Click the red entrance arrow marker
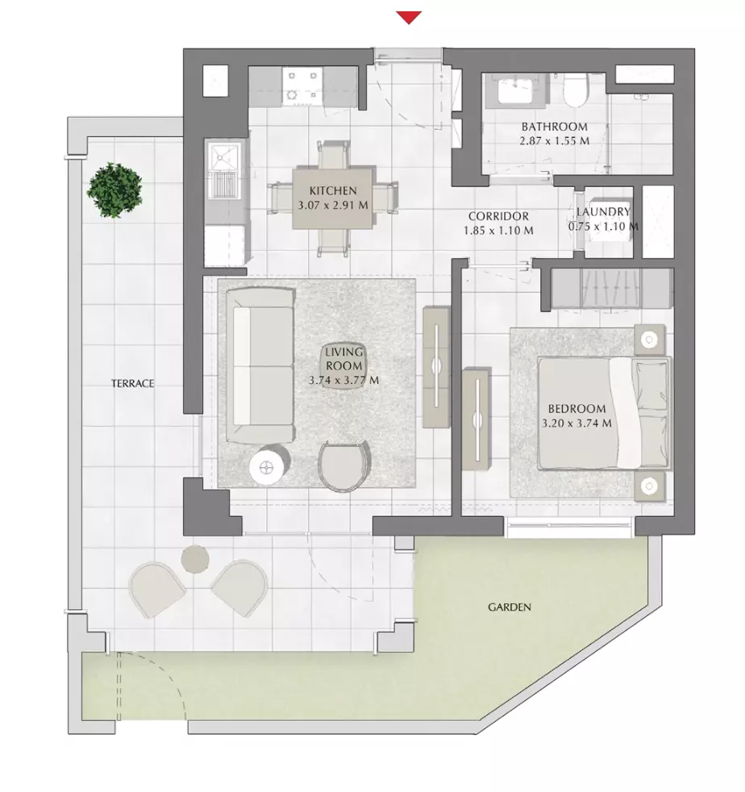tap(409, 17)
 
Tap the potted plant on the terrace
tap(114, 190)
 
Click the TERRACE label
tap(132, 383)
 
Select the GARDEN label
tap(509, 607)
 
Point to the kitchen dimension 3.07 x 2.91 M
tap(333, 205)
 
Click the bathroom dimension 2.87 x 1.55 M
tap(555, 141)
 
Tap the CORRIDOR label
tap(498, 216)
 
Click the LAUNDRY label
tap(603, 211)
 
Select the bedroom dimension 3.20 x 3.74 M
tap(576, 423)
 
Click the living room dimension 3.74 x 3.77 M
tap(343, 381)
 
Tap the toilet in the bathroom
tap(576, 91)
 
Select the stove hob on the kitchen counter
tap(302, 85)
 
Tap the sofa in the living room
tap(260, 365)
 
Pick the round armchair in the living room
tap(344, 465)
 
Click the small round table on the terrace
tap(194, 559)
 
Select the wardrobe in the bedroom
tap(612, 288)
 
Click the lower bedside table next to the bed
tap(649, 486)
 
